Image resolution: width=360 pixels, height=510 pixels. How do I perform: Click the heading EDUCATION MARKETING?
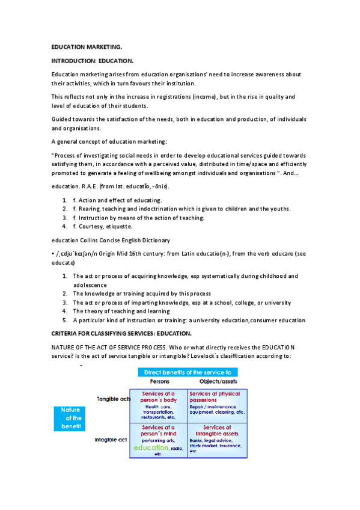(87, 46)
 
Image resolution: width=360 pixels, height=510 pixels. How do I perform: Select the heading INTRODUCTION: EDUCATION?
(93, 61)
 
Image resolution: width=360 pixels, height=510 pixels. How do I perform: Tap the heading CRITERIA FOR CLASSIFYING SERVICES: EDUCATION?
(130, 333)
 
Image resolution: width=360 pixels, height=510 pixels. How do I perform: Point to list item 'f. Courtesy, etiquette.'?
(108, 227)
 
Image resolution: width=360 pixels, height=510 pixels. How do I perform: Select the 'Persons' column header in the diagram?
(159, 381)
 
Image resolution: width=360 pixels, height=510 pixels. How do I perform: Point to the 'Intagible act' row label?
(111, 439)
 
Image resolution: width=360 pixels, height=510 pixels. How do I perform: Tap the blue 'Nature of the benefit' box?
(70, 419)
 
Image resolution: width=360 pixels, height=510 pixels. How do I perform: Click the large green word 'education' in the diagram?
(151, 447)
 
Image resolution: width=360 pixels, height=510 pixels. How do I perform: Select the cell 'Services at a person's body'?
(159, 404)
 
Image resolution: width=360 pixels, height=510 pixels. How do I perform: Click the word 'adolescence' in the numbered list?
(90, 284)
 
